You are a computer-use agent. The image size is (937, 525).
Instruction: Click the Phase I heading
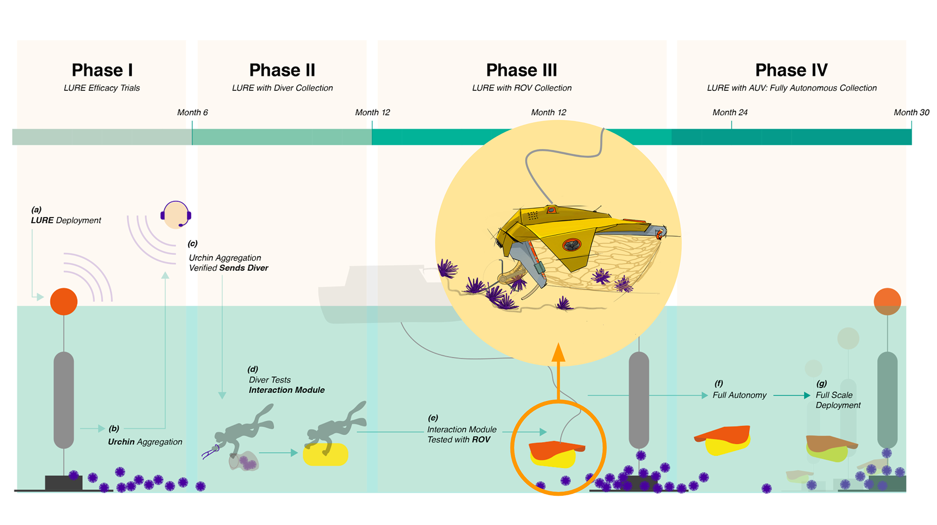(x=102, y=70)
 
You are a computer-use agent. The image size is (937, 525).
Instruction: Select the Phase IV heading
(x=791, y=70)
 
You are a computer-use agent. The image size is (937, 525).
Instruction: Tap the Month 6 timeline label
(x=192, y=113)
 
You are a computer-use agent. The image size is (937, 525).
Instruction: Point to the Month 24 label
(x=730, y=113)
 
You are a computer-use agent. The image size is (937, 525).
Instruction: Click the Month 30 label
(x=911, y=113)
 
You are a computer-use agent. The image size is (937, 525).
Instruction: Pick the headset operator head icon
(x=175, y=215)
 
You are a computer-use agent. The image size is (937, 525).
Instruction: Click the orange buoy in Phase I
(x=64, y=302)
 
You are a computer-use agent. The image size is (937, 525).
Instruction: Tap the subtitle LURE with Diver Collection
(x=282, y=88)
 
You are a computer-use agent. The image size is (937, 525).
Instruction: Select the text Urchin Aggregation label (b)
(x=145, y=442)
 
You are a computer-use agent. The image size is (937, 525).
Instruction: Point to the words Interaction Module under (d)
(x=286, y=390)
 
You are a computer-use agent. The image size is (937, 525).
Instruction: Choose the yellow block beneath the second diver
(x=326, y=454)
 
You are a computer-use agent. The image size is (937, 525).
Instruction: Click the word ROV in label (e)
(x=481, y=440)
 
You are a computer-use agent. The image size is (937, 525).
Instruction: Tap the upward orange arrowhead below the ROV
(x=558, y=352)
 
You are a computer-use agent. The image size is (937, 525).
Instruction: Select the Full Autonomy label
(x=739, y=395)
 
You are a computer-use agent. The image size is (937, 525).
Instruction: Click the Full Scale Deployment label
(x=838, y=400)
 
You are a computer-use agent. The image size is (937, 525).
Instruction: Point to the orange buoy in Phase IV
(x=887, y=302)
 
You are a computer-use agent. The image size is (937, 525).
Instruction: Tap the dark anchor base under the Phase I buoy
(x=63, y=483)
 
